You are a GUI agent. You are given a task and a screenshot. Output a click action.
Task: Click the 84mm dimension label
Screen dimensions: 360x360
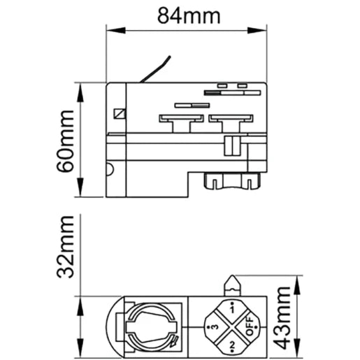click(189, 16)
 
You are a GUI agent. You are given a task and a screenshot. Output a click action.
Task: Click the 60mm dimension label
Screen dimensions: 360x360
click(65, 141)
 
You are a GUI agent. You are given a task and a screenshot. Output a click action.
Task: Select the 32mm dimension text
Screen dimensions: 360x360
click(65, 247)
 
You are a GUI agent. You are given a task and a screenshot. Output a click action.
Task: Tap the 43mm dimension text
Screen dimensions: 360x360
click(282, 318)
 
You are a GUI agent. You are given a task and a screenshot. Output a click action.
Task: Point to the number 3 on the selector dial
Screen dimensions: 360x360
click(215, 327)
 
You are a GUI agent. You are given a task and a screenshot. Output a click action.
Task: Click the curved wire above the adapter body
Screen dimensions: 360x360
click(156, 69)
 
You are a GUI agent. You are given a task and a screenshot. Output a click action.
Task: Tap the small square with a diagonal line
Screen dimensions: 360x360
click(120, 114)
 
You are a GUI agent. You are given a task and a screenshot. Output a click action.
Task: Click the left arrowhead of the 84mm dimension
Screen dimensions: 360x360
click(116, 30)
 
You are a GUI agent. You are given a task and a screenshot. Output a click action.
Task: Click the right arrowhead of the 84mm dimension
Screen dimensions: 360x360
click(257, 30)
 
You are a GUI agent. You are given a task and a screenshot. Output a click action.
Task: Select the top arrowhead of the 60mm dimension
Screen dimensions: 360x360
click(80, 92)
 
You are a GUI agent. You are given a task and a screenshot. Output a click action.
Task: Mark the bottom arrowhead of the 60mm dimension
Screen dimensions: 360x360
click(80, 187)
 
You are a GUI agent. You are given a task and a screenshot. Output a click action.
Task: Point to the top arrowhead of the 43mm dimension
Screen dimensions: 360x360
click(296, 285)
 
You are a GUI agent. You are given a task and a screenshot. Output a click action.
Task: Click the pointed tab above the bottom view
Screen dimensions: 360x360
click(232, 286)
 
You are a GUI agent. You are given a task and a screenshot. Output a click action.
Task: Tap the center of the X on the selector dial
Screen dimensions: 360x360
click(232, 327)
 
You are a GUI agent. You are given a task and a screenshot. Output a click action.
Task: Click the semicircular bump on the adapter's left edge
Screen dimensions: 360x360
click(110, 169)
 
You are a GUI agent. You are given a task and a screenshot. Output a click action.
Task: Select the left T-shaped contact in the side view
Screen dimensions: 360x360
click(181, 124)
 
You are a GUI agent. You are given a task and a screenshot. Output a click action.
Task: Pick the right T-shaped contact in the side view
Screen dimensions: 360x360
click(231, 124)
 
